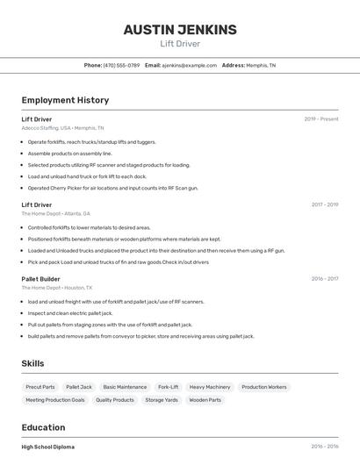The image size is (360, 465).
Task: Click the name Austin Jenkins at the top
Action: click(180, 30)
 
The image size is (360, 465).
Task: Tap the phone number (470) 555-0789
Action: click(121, 65)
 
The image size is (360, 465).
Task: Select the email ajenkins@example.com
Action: click(189, 65)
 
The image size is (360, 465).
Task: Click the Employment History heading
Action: click(65, 100)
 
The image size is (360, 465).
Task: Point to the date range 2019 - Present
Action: click(321, 119)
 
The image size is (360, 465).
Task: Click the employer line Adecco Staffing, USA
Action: click(62, 128)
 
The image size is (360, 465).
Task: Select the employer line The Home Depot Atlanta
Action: click(56, 213)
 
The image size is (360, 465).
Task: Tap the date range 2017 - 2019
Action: click(324, 204)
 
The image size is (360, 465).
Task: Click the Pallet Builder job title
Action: click(40, 279)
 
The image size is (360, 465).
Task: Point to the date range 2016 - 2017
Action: click(324, 279)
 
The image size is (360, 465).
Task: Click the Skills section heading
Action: click(32, 363)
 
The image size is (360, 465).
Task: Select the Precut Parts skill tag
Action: click(40, 387)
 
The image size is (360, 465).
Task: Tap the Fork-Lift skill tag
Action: click(168, 387)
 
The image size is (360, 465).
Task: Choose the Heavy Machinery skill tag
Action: click(210, 387)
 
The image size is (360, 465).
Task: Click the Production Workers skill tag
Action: click(264, 387)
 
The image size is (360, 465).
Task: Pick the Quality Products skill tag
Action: click(115, 400)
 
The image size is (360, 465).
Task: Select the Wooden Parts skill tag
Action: click(205, 400)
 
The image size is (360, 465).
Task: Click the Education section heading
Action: click(43, 428)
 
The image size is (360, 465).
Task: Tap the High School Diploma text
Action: click(48, 447)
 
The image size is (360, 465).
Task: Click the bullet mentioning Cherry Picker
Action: click(112, 188)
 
